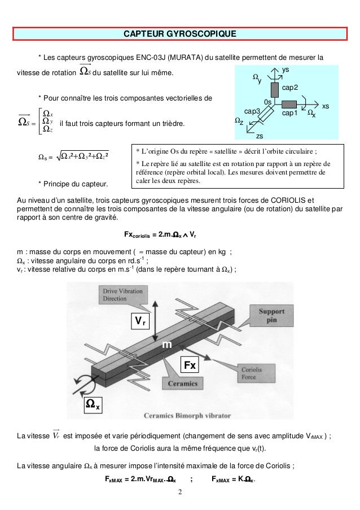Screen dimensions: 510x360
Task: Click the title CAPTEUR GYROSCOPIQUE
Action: pyautogui.click(x=180, y=36)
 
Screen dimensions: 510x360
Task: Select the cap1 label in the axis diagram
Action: pyautogui.click(x=289, y=114)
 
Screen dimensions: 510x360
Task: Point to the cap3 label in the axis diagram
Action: pyautogui.click(x=252, y=112)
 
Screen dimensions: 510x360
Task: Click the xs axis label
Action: pyautogui.click(x=326, y=106)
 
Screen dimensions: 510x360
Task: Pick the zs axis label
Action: pyautogui.click(x=260, y=136)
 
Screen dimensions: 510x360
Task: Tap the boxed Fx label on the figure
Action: pyautogui.click(x=190, y=365)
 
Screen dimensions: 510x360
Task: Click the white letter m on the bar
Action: pyautogui.click(x=167, y=345)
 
